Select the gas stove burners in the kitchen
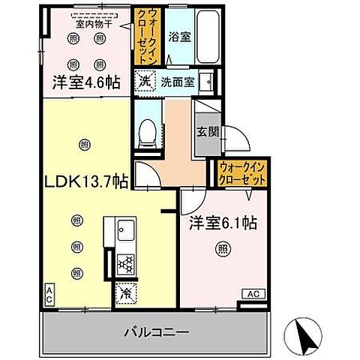tap(124, 264)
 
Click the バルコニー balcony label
tap(156, 331)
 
